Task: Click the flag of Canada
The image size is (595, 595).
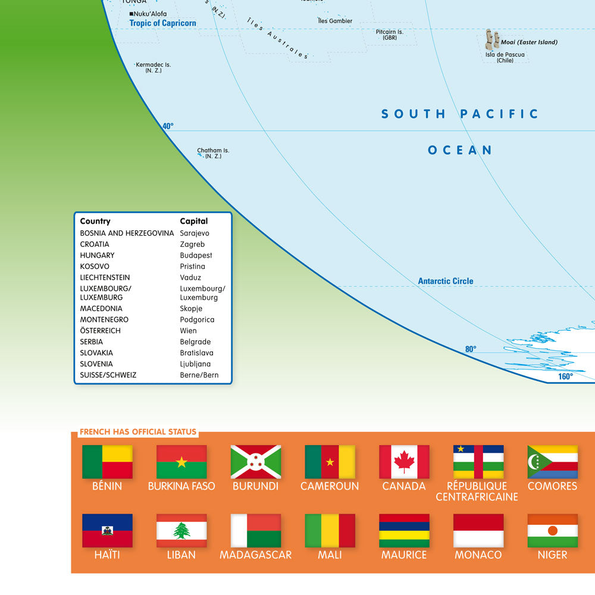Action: coord(404,462)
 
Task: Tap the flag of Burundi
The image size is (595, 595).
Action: coord(256,462)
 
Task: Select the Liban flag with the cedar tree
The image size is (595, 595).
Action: coord(181,531)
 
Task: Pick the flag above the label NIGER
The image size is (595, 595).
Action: coord(552,531)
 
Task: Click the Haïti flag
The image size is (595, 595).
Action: coord(107,531)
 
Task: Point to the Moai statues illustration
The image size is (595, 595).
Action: coord(492,39)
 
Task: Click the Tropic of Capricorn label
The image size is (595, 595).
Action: coord(162,23)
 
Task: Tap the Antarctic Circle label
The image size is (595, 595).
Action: coord(446,281)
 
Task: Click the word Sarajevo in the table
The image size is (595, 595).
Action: coord(195,233)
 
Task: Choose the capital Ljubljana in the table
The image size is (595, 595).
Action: coord(195,364)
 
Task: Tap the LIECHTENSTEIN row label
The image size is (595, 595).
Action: coord(105,277)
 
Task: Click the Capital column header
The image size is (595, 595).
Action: coord(194,221)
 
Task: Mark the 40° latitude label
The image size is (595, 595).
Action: coord(168,126)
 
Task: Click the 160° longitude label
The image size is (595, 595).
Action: coord(565,376)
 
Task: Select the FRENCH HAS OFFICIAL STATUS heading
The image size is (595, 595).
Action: coord(137,432)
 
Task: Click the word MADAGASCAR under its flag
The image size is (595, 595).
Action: coord(256,555)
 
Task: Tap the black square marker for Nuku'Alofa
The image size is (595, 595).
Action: coord(131,14)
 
